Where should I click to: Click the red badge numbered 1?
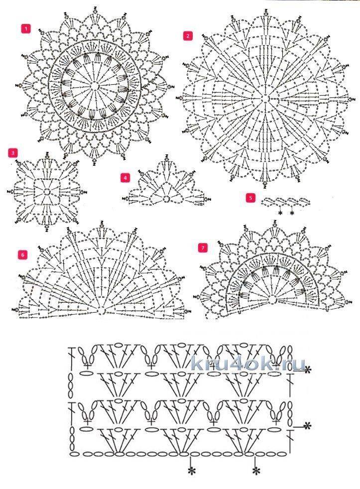click(x=25, y=29)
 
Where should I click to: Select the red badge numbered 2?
click(x=188, y=36)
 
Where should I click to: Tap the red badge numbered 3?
click(x=13, y=153)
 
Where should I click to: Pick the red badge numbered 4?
click(x=125, y=178)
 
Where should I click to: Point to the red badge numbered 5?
click(x=250, y=198)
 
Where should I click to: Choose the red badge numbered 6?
click(x=23, y=255)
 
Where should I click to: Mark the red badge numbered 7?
click(x=203, y=248)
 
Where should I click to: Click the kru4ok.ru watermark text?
click(x=248, y=364)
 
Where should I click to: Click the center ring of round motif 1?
click(x=96, y=86)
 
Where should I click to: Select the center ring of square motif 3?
click(x=47, y=191)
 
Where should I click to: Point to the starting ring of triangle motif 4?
click(x=167, y=199)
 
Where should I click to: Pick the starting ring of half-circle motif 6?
click(x=101, y=310)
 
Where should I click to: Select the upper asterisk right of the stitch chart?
click(x=308, y=370)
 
